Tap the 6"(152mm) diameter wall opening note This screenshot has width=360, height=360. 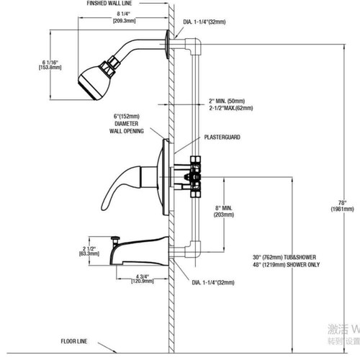(127, 124)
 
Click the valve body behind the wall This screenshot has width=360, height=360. (192, 173)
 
